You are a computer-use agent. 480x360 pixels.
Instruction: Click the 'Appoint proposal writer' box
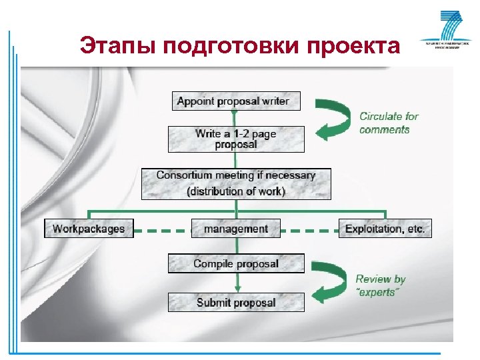[x=235, y=101]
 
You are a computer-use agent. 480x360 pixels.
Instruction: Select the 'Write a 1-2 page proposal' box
[x=235, y=139]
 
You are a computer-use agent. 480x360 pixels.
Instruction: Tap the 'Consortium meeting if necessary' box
[x=235, y=183]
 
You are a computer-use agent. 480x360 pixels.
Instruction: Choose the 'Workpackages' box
[x=89, y=229]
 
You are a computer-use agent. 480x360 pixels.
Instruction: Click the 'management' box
[x=235, y=229]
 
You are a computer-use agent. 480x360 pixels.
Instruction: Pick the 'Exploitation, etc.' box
[x=385, y=229]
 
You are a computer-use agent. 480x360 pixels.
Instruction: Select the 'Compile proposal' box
[x=235, y=264]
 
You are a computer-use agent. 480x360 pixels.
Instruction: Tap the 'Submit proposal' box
[x=235, y=303]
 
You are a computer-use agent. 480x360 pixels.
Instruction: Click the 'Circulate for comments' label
[x=388, y=123]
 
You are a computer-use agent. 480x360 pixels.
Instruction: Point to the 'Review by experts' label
[x=380, y=286]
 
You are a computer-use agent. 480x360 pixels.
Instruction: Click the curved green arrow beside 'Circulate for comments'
[x=335, y=120]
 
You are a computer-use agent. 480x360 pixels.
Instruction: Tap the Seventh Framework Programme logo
[x=441, y=30]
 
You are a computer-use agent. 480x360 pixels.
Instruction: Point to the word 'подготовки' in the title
[x=231, y=46]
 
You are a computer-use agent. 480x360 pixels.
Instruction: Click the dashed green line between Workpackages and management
[x=162, y=231]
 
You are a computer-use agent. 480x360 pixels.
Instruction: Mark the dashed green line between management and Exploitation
[x=309, y=231]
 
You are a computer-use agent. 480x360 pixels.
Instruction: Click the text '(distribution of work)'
[x=235, y=192]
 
